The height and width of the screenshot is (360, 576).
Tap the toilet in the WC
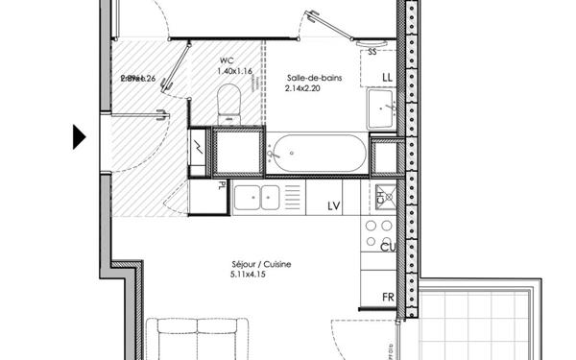click(x=228, y=100)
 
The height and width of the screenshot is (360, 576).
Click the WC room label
click(x=227, y=59)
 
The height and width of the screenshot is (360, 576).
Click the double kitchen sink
click(x=257, y=198)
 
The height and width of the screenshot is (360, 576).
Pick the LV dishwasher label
click(x=335, y=205)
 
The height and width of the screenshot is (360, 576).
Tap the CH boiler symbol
click(x=381, y=194)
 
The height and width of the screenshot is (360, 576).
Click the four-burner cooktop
click(x=377, y=233)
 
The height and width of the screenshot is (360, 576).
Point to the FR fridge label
click(x=389, y=298)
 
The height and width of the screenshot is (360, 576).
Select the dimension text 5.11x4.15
click(x=248, y=276)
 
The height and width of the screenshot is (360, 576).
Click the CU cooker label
click(x=389, y=249)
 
